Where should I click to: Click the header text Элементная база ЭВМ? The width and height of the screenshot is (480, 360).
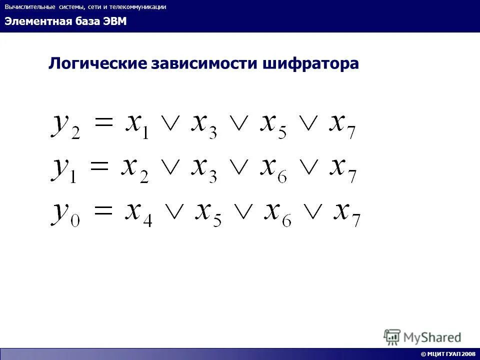pyautogui.click(x=65, y=21)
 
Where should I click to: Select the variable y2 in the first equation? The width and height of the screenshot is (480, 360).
pyautogui.click(x=65, y=125)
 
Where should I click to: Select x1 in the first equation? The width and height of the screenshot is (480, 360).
pyautogui.click(x=137, y=125)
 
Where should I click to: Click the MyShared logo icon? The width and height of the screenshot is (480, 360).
pyautogui.click(x=392, y=337)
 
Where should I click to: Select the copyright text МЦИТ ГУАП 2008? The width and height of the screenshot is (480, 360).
pyautogui.click(x=448, y=354)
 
